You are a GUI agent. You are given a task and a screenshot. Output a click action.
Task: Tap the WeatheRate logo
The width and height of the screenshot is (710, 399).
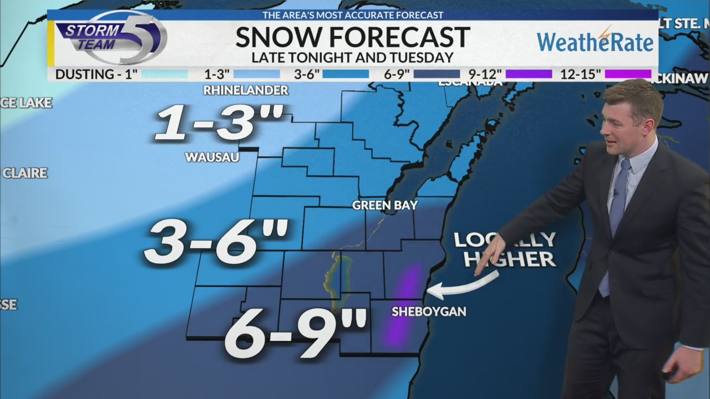pyautogui.click(x=595, y=40)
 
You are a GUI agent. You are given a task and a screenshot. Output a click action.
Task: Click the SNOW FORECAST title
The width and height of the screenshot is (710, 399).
pyautogui.click(x=353, y=37)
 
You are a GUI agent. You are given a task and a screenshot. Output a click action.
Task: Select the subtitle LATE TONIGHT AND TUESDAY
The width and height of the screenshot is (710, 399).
pyautogui.click(x=353, y=57)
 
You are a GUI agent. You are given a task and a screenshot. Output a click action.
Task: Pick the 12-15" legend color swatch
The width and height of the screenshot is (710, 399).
pyautogui.click(x=628, y=74)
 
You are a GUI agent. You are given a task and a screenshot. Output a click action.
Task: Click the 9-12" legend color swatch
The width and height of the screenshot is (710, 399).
pyautogui.click(x=529, y=74)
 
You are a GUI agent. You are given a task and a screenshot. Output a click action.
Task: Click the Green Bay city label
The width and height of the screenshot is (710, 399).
pyautogui.click(x=384, y=206)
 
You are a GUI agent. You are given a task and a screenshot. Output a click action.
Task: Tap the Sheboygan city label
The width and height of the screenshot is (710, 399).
pyautogui.click(x=429, y=311)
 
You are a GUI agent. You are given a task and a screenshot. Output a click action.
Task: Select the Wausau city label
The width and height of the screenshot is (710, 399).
pyautogui.click(x=212, y=157)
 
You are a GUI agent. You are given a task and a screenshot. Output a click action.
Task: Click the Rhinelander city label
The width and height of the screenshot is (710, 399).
pyautogui.click(x=246, y=90)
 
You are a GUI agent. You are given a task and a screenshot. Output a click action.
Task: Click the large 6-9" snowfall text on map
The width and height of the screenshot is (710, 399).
pyautogui.click(x=296, y=333)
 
